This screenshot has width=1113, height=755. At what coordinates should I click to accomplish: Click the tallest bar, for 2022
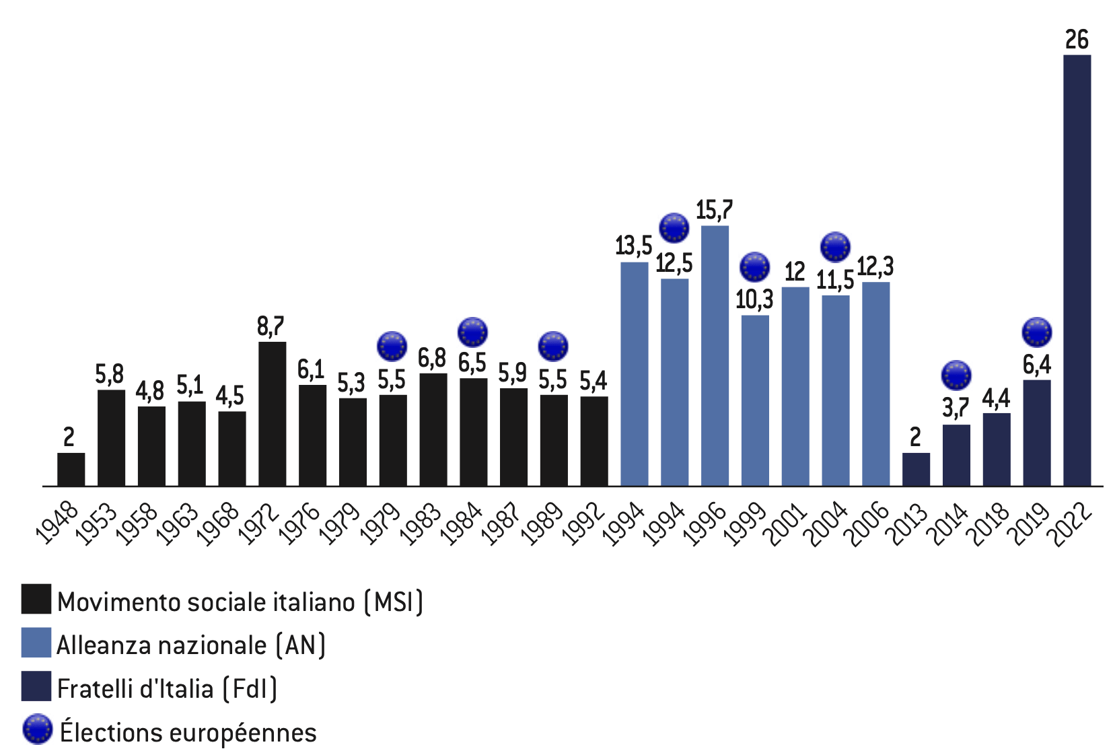(x=1077, y=269)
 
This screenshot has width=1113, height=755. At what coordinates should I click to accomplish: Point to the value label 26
(x=1077, y=40)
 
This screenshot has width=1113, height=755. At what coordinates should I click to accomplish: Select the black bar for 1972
(x=272, y=414)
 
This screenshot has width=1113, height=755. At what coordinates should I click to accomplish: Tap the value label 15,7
(x=714, y=211)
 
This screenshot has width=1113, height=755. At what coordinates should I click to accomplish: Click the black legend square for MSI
(x=36, y=599)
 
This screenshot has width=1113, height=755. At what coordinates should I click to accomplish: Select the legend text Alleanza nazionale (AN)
(x=191, y=645)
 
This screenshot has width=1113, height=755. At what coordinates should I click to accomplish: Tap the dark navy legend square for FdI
(x=36, y=686)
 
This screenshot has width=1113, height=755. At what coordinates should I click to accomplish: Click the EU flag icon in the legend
(x=37, y=729)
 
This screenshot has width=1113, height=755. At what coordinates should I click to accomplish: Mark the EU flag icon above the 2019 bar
(x=1036, y=332)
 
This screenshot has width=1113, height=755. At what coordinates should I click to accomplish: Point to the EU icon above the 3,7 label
(x=956, y=375)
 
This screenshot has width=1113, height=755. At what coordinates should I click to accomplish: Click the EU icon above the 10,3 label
(x=754, y=267)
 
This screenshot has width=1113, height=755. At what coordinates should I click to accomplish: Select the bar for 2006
(x=875, y=384)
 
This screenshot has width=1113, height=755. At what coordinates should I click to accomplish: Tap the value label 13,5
(x=633, y=246)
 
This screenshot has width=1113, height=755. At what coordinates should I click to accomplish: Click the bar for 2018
(x=996, y=449)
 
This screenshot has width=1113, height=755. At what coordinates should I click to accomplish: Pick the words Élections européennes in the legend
(x=188, y=732)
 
